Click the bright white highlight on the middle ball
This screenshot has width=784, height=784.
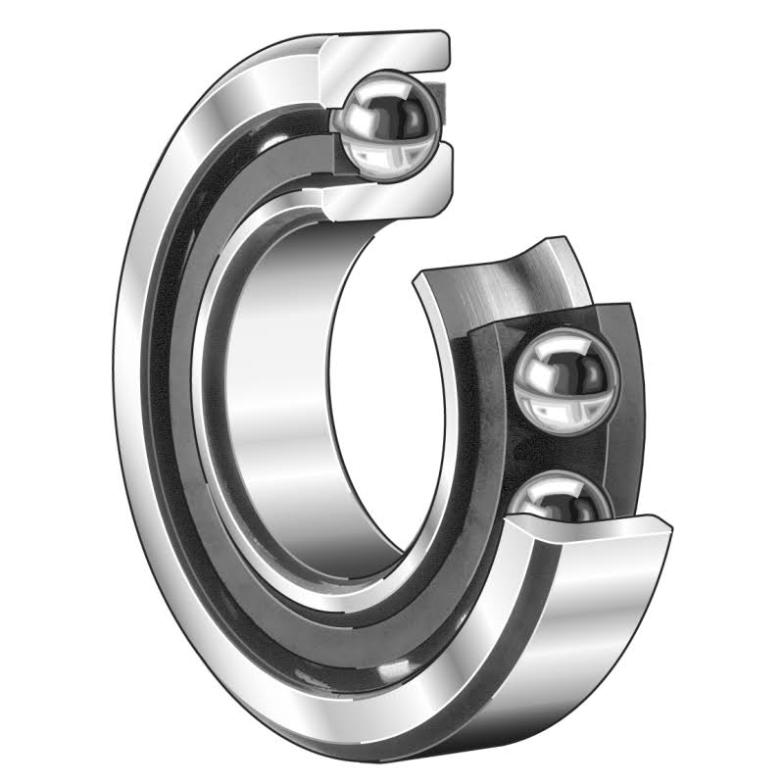[x=537, y=367]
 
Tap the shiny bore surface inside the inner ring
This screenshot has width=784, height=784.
[x=284, y=392]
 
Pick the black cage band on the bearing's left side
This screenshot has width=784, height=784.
[x=167, y=392]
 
